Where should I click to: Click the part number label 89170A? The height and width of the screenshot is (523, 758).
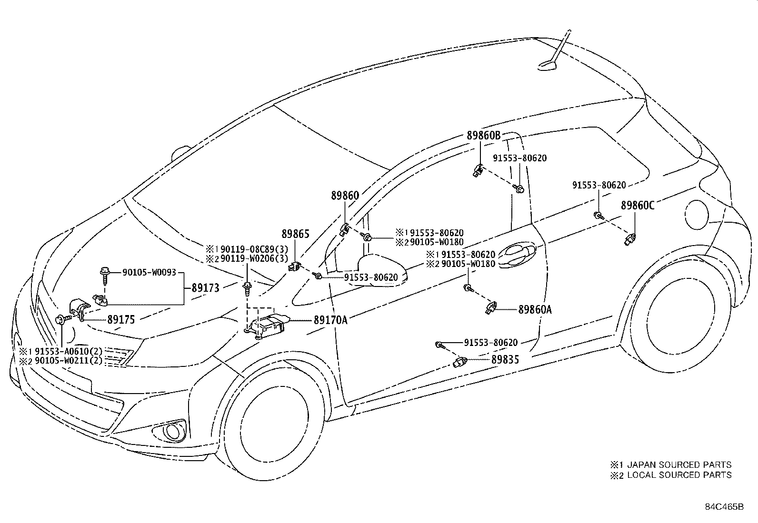pos(330,320)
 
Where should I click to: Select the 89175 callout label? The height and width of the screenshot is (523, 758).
pos(121,320)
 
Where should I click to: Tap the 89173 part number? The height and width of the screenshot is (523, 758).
pos(205,288)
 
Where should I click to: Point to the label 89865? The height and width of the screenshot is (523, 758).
pos(295,234)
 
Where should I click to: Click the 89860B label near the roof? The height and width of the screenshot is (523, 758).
pos(484,136)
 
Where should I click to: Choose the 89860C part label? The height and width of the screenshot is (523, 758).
pos(638,205)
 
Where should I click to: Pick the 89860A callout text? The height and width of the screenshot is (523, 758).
pos(535,309)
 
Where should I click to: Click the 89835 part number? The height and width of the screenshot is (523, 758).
pos(505,360)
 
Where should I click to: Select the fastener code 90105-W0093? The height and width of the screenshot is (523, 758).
pos(149,272)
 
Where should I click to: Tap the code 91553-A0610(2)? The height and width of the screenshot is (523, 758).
pos(69,351)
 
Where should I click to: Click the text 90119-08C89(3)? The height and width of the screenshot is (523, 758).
pos(254,249)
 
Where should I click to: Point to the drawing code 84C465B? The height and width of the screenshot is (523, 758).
pos(724,507)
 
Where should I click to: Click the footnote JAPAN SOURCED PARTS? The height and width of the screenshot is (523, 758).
pos(679,465)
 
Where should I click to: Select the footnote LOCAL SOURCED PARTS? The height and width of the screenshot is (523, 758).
pos(679,475)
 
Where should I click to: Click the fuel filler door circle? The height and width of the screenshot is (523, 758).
pos(696,215)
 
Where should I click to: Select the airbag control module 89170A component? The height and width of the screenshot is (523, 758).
pos(267,326)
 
